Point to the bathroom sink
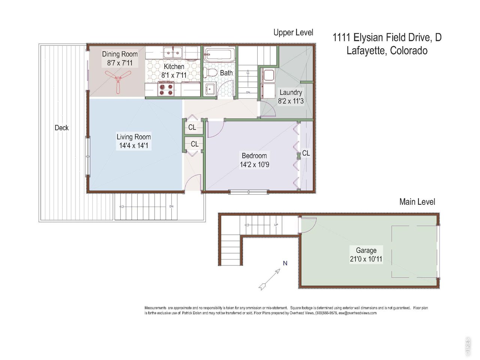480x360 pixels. pyautogui.click(x=210, y=89)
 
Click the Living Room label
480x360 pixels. pyautogui.click(x=133, y=137)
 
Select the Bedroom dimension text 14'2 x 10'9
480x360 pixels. pyautogui.click(x=255, y=164)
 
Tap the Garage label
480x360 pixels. pyautogui.click(x=366, y=250)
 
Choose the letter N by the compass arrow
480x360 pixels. pyautogui.click(x=285, y=263)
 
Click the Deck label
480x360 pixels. pyautogui.click(x=61, y=127)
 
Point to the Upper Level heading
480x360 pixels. pyautogui.click(x=293, y=33)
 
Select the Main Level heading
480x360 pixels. pyautogui.click(x=417, y=202)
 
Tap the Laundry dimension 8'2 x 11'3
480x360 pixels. pyautogui.click(x=291, y=101)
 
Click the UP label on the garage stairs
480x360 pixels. pyautogui.click(x=276, y=225)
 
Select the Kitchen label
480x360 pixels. pyautogui.click(x=174, y=66)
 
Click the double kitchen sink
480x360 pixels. pyautogui.click(x=173, y=52)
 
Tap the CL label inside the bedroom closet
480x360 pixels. pyautogui.click(x=306, y=153)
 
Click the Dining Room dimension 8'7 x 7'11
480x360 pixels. pyautogui.click(x=120, y=63)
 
